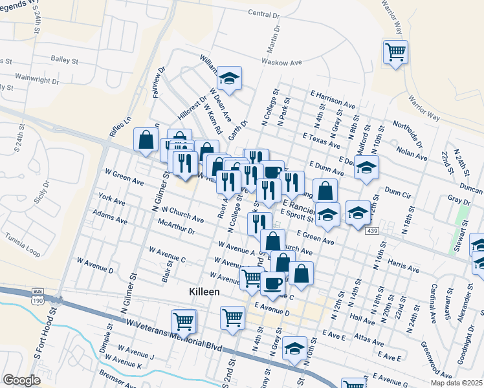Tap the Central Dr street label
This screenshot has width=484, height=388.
click(x=263, y=14)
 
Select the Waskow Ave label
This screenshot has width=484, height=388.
click(x=282, y=63)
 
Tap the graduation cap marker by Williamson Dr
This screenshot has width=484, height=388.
click(x=228, y=78)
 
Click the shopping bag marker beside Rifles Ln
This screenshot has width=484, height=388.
click(x=146, y=138)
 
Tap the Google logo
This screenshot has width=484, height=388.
click(x=21, y=380)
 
